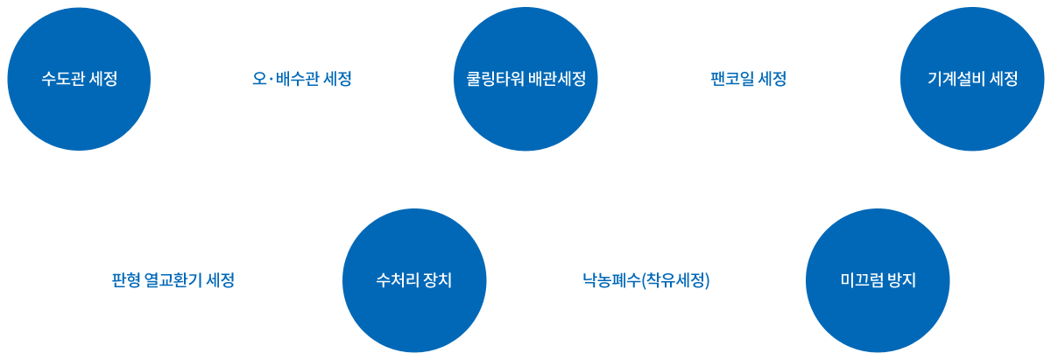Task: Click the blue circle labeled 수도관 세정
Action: pyautogui.click(x=79, y=79)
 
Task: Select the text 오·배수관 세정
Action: pyautogui.click(x=301, y=79)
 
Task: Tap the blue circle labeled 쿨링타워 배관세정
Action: pyautogui.click(x=525, y=79)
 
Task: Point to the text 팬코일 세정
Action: pyautogui.click(x=749, y=79)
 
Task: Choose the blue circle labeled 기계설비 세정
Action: pyautogui.click(x=972, y=79)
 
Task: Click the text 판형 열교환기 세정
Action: pyautogui.click(x=173, y=281)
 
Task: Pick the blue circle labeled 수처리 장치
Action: pyautogui.click(x=413, y=281)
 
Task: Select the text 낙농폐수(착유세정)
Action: pyautogui.click(x=645, y=281)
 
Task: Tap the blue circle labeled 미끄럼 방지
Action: pyautogui.click(x=878, y=281)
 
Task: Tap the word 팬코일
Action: pyautogui.click(x=733, y=79)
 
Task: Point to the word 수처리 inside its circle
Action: pyautogui.click(x=397, y=281)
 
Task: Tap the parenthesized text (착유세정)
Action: pyautogui.click(x=675, y=281)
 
